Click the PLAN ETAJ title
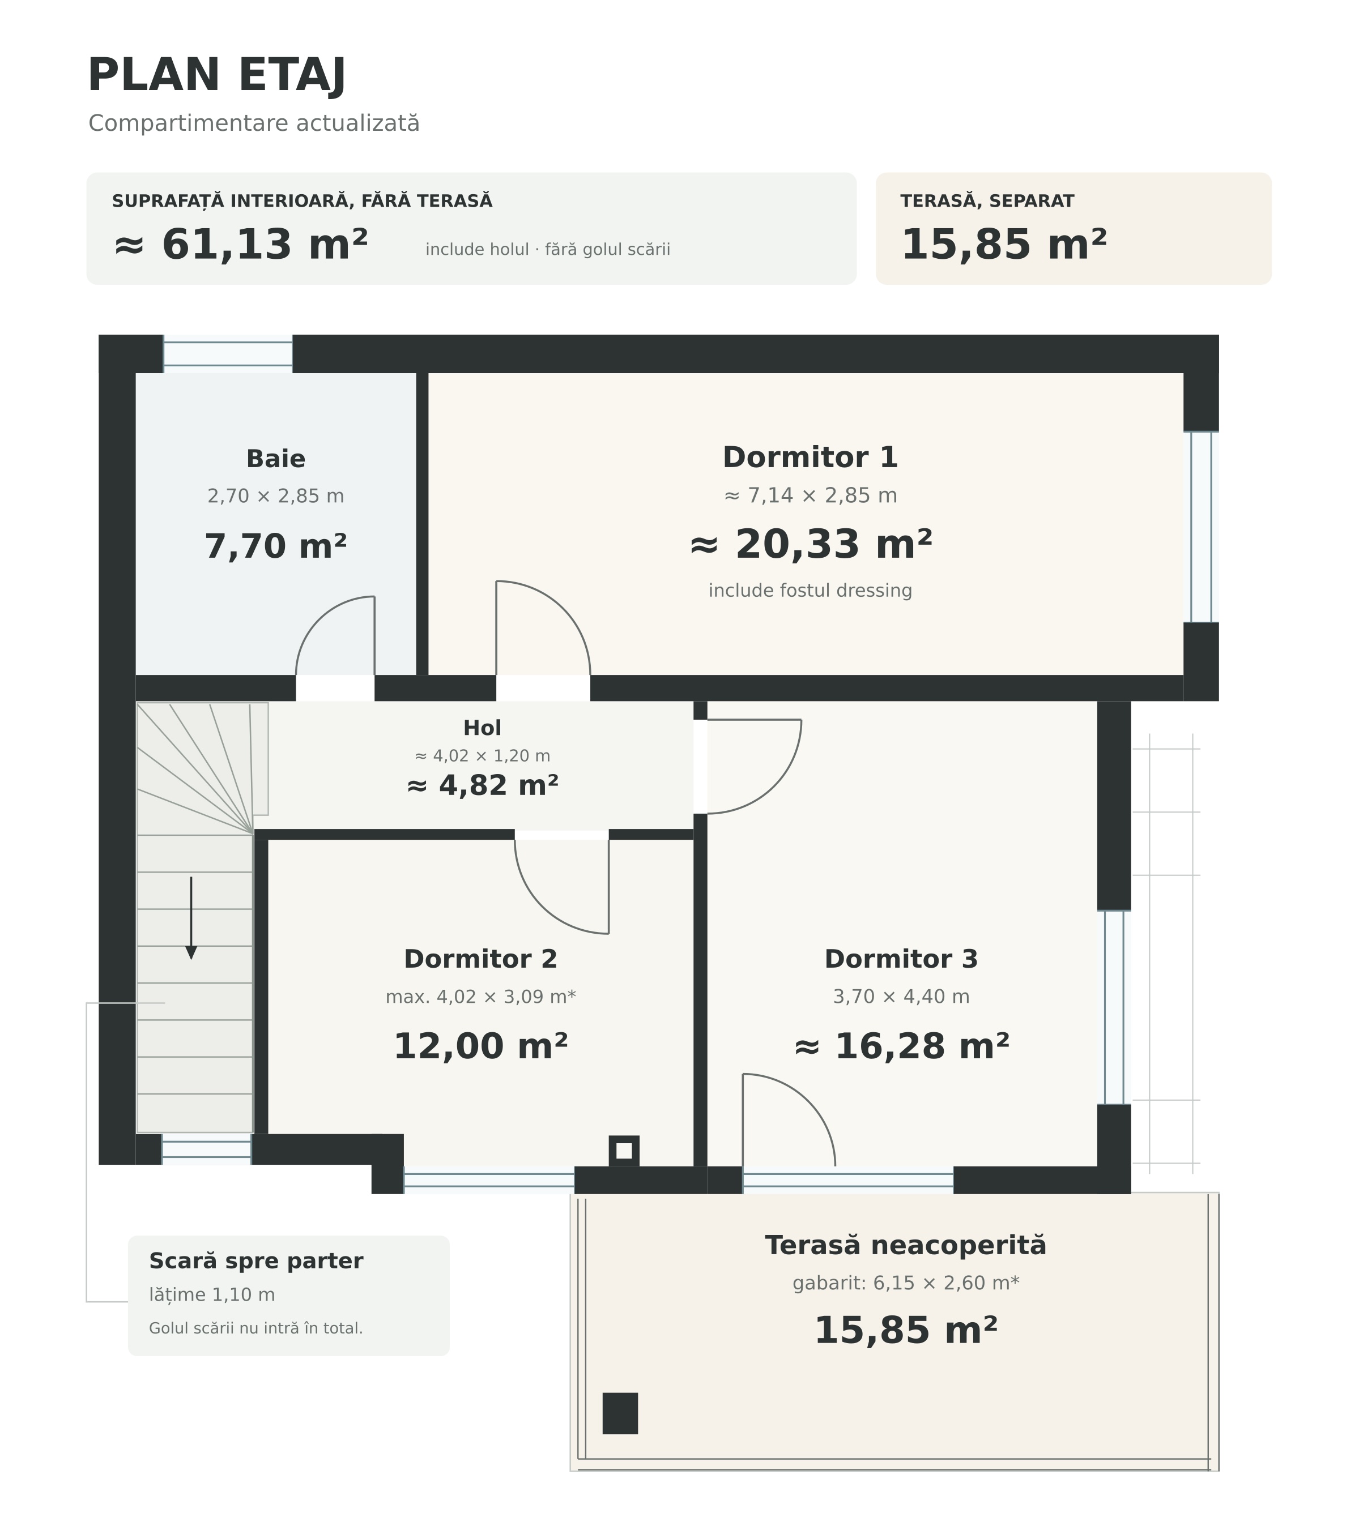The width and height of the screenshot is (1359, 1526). (x=216, y=75)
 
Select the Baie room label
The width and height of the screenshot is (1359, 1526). (x=275, y=459)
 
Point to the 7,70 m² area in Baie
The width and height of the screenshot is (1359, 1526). (x=275, y=546)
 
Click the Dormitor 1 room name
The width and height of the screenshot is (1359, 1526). (x=810, y=457)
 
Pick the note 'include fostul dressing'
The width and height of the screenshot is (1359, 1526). (x=810, y=591)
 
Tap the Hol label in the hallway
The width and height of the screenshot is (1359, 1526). (x=483, y=728)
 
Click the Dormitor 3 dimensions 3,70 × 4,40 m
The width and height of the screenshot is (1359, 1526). (x=901, y=997)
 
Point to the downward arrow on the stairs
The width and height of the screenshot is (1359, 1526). (x=191, y=917)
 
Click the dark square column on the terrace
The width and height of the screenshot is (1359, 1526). (x=620, y=1413)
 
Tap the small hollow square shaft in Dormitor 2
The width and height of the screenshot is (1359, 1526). (x=624, y=1151)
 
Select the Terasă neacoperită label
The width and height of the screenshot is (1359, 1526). (x=906, y=1245)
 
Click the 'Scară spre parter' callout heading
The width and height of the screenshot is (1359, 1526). (x=256, y=1261)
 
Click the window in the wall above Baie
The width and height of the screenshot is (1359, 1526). (x=228, y=354)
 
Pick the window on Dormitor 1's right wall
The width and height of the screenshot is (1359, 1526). (x=1202, y=527)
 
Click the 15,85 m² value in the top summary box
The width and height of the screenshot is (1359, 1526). (x=1004, y=244)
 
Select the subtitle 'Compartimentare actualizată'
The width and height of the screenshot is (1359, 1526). (x=254, y=123)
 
